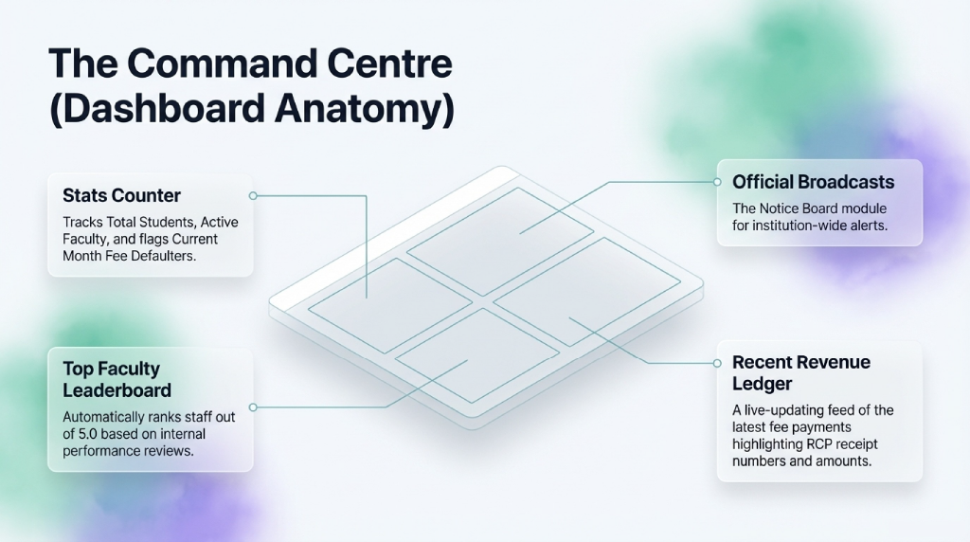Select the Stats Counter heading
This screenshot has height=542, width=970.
(x=122, y=195)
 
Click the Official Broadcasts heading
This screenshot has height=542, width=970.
(x=814, y=182)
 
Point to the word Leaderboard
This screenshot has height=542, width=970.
(x=117, y=390)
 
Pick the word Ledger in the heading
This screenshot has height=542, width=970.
(x=763, y=384)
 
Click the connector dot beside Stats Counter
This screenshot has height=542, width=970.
(x=253, y=195)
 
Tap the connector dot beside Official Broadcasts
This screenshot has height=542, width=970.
(x=717, y=182)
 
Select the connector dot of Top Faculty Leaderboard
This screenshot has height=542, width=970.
(x=253, y=407)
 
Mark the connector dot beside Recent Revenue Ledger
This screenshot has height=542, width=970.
(x=717, y=363)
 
